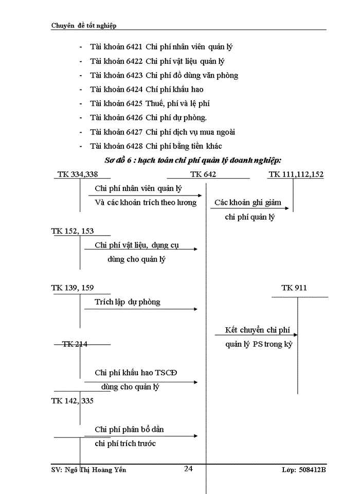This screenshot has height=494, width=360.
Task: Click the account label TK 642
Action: pos(203,174)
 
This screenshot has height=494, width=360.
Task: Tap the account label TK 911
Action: pos(294,288)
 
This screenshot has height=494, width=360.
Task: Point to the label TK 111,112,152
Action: pos(296,174)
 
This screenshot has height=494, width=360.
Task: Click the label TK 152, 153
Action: pos(73,231)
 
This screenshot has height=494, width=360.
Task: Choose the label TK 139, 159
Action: pos(73,288)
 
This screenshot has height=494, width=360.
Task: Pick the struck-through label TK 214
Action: pos(75,344)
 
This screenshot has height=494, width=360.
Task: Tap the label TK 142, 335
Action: pos(73,400)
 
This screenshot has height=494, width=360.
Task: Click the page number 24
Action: pos(188,468)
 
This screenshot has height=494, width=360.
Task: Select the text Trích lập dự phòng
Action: pos(128,302)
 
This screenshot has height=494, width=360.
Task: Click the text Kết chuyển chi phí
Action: pos(259,330)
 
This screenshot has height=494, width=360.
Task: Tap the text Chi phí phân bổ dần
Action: pos(130,429)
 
